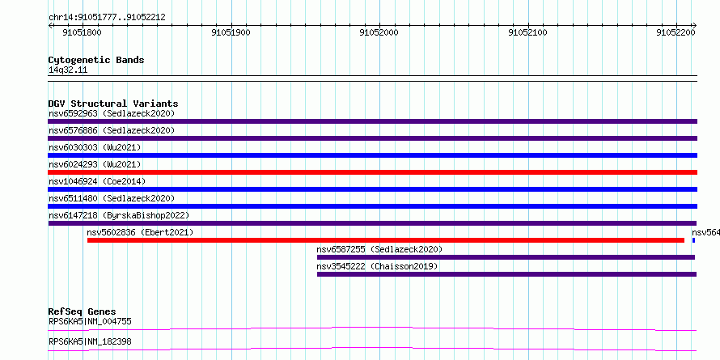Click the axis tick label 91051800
[83, 32]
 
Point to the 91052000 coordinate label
[379, 32]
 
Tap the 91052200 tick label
[676, 32]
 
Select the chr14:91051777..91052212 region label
[107, 18]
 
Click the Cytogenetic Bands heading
[96, 60]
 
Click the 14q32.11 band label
[68, 70]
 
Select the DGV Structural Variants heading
[113, 104]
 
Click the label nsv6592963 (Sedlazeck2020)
[112, 113]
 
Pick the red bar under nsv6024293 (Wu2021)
[372, 172]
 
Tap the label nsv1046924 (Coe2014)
[97, 181]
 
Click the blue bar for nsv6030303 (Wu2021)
[372, 155]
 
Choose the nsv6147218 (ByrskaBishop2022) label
[119, 215]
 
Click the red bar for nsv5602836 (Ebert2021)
[386, 240]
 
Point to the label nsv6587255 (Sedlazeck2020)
[379, 249]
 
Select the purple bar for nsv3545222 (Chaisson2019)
[507, 274]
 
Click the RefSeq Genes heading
[83, 312]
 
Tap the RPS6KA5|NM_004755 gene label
[90, 321]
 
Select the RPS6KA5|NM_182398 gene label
[90, 342]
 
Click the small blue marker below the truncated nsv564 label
[693, 240]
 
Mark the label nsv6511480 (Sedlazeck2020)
[112, 198]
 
